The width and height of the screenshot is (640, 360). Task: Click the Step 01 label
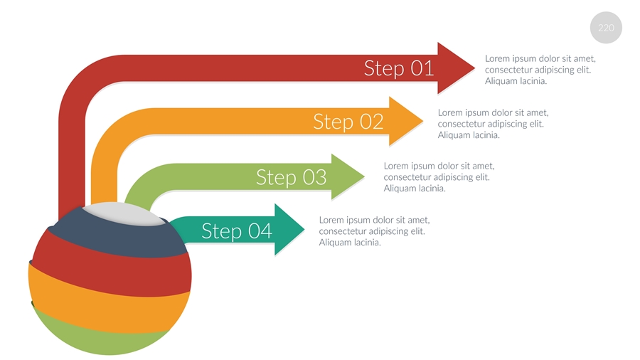(x=398, y=68)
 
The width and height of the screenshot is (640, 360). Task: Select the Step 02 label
(x=348, y=122)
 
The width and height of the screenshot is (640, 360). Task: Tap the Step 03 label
(x=291, y=176)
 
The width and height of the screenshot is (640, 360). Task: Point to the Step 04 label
(x=237, y=231)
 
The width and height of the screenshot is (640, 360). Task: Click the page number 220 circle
(x=606, y=28)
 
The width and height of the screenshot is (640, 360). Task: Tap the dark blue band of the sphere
(x=114, y=238)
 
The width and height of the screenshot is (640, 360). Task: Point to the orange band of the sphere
(x=107, y=302)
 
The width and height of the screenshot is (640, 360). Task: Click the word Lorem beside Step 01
(x=497, y=58)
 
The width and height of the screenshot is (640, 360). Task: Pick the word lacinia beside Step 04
(x=366, y=243)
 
